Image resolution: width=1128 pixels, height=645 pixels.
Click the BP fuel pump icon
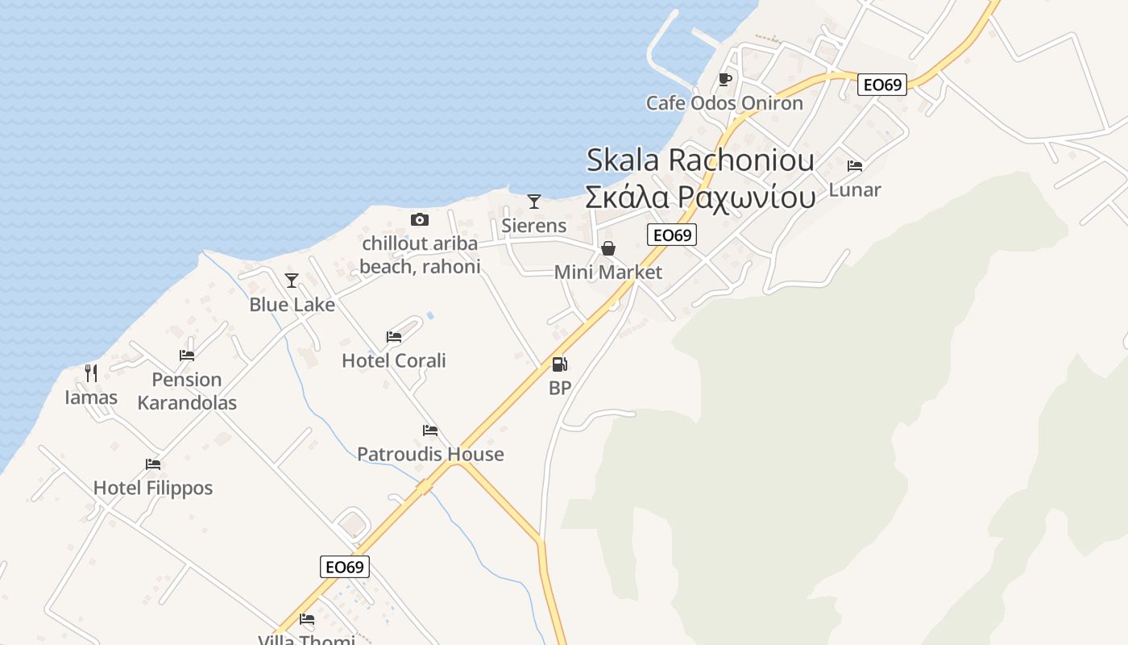pos(559,364)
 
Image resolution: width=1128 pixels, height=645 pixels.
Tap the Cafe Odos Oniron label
pos(724,103)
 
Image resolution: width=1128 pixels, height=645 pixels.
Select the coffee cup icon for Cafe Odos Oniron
pos(724,79)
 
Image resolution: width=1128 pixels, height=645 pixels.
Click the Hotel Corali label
pos(393,360)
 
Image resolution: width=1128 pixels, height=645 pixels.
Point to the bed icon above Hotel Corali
pos(393,337)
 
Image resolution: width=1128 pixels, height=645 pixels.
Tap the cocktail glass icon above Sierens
pos(533,202)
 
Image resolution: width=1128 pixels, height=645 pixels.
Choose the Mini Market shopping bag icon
pos(608,248)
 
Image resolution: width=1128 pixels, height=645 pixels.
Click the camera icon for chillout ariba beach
pos(419,219)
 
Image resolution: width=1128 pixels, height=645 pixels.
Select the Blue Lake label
pos(292,305)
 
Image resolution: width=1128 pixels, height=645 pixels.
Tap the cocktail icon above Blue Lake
pos(292,281)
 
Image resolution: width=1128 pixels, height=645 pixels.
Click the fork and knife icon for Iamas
pos(91,373)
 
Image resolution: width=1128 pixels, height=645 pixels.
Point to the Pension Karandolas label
pos(187,391)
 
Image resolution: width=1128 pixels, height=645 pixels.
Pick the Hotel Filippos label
pos(153,488)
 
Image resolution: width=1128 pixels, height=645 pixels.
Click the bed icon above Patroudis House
pos(430,431)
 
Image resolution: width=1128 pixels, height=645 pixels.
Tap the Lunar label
pos(855,190)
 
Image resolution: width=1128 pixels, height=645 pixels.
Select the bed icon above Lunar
pos(855,166)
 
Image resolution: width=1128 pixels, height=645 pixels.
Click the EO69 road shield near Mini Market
pos(672,235)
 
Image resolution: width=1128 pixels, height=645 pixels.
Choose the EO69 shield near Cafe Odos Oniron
pos(882,85)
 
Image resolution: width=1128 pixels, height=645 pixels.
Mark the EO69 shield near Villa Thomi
pos(345,567)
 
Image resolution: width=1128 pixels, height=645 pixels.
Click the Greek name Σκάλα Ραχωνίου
pos(700,197)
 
